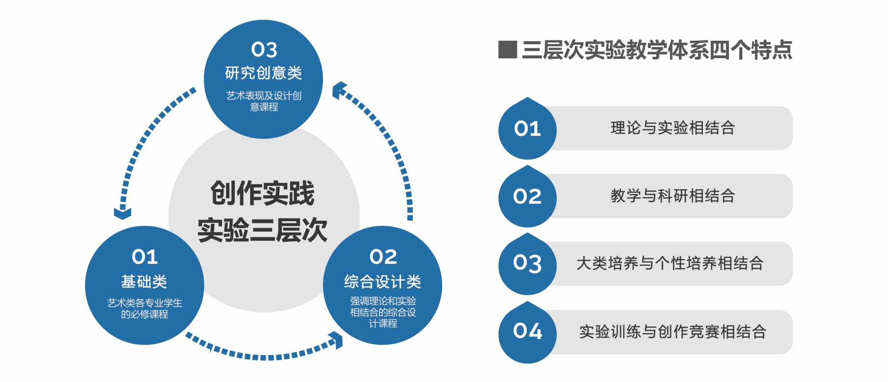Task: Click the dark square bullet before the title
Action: pyautogui.click(x=508, y=49)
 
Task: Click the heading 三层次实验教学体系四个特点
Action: pyautogui.click(x=657, y=50)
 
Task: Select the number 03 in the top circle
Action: pyautogui.click(x=264, y=49)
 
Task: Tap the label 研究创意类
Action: pyautogui.click(x=264, y=73)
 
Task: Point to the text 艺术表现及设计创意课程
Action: pyautogui.click(x=264, y=101)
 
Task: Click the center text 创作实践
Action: pyautogui.click(x=263, y=193)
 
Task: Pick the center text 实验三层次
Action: pyautogui.click(x=263, y=230)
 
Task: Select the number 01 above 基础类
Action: pyautogui.click(x=145, y=257)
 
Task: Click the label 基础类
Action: pyautogui.click(x=144, y=281)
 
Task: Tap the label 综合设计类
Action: pyautogui.click(x=382, y=281)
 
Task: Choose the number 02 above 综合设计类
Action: pyautogui.click(x=383, y=257)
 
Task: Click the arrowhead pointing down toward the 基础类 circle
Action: pyautogui.click(x=123, y=213)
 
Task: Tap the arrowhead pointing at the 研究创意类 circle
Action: pyautogui.click(x=339, y=90)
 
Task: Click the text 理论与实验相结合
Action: pyautogui.click(x=673, y=128)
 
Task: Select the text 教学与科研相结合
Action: pyautogui.click(x=673, y=196)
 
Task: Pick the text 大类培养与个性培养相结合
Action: pyautogui.click(x=670, y=264)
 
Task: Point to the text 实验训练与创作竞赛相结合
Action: pyautogui.click(x=673, y=332)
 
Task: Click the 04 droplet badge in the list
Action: pyautogui.click(x=527, y=332)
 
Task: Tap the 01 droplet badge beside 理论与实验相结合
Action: pyautogui.click(x=527, y=128)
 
